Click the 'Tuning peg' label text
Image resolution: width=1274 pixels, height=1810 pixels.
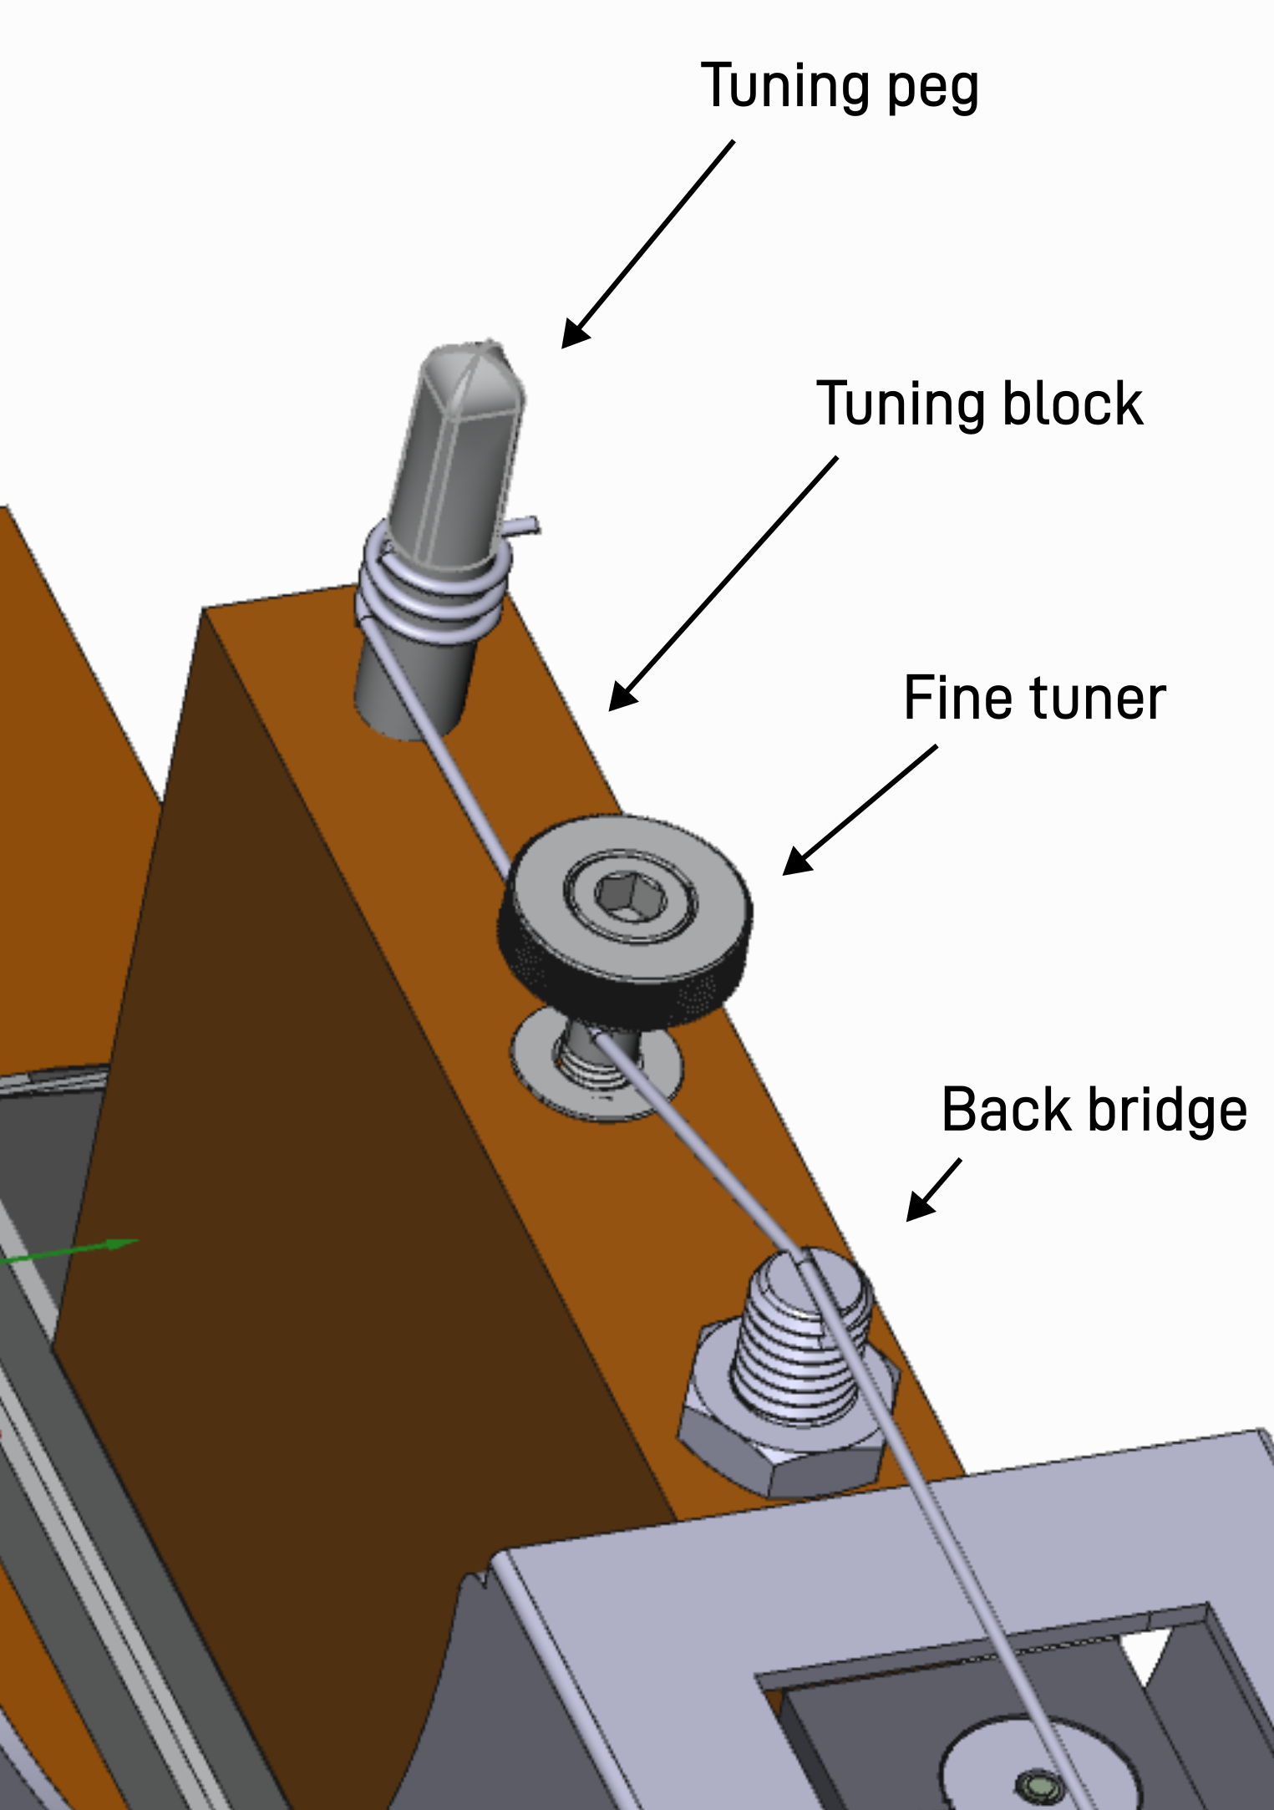tap(839, 87)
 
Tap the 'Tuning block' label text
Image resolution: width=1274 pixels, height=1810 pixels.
tap(978, 404)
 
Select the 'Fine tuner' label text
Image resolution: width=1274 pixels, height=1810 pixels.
tap(1033, 699)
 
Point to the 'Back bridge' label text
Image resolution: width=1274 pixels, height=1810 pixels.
tap(1094, 1111)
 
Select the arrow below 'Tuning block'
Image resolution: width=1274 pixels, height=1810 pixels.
tap(722, 585)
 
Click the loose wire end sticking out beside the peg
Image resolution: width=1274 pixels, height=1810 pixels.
tap(524, 526)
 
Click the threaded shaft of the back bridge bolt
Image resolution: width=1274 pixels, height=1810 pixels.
tap(798, 1345)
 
